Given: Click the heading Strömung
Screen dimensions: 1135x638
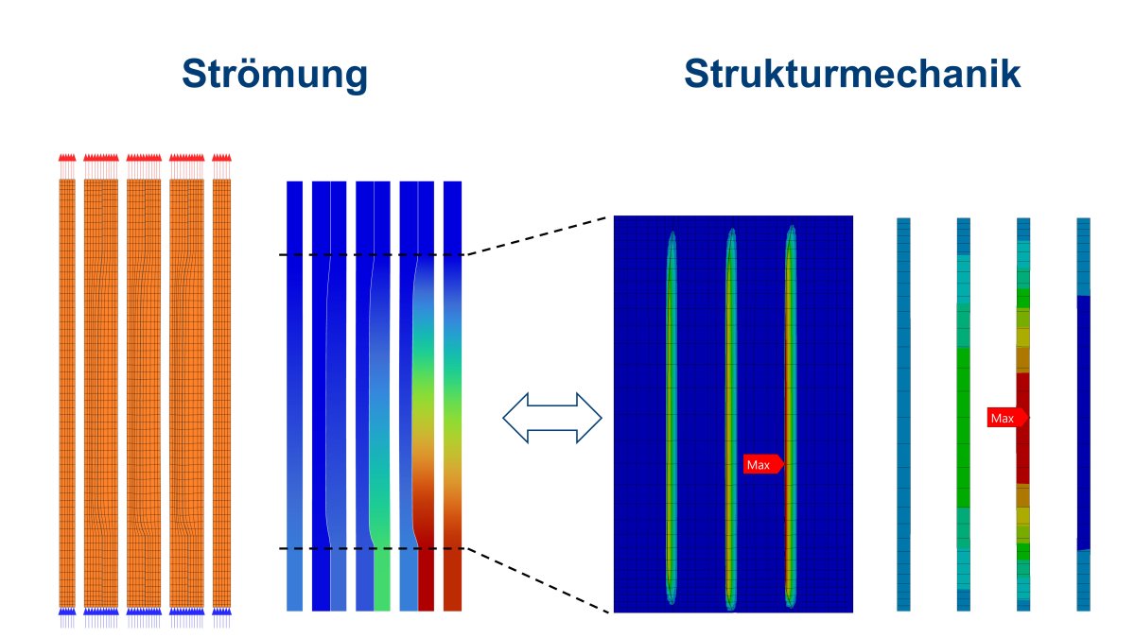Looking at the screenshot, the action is [274, 75].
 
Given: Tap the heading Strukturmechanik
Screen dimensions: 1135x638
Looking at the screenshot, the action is [852, 74].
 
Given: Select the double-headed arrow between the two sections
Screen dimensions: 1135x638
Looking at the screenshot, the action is [552, 418].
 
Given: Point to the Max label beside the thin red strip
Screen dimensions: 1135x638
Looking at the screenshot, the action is [1007, 418].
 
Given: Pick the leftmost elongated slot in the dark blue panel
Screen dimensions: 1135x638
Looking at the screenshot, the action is [672, 418].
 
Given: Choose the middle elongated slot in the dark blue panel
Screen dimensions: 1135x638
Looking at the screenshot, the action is [730, 418].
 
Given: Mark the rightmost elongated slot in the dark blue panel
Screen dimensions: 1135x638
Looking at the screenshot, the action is [791, 416].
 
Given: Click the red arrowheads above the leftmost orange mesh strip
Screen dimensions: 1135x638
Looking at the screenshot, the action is [67, 158].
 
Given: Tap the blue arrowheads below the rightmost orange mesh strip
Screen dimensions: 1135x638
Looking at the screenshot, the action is [221, 612].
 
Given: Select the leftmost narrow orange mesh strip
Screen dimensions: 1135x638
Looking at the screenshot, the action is [67, 393].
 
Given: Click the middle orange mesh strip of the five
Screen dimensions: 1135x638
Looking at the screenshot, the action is [144, 393].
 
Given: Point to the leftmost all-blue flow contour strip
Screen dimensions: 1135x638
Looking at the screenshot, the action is [294, 396].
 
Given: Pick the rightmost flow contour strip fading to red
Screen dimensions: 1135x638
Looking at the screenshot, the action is [452, 396].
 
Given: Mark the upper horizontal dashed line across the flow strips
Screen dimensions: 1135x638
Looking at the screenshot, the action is [372, 254].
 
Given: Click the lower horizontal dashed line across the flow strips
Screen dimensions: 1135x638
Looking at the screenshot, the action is [372, 548].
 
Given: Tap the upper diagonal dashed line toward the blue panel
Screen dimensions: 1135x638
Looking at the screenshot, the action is [536, 236].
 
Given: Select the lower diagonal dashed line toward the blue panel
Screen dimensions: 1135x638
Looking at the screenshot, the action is [537, 580].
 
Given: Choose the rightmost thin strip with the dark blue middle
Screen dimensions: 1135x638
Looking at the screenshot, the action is [1083, 414].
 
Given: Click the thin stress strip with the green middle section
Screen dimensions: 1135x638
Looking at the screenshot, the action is [963, 414].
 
